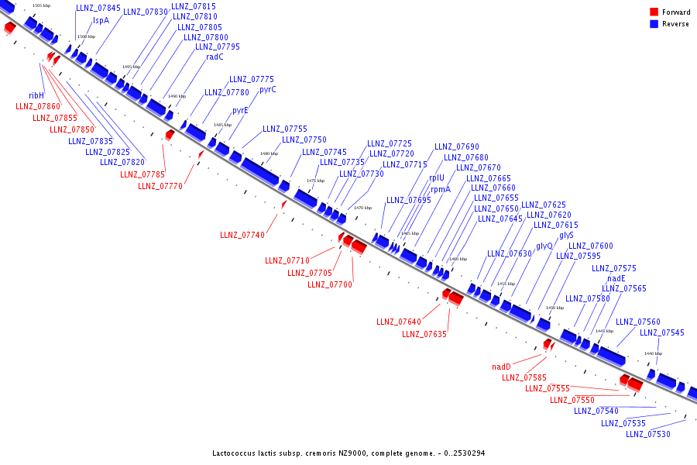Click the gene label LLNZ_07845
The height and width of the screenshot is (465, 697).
[x=98, y=8]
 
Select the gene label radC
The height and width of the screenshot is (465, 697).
[x=215, y=57]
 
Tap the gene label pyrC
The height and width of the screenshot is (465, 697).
[x=268, y=89]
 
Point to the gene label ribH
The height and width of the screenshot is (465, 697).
[x=36, y=95]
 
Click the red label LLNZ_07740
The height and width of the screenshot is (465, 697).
[x=242, y=235]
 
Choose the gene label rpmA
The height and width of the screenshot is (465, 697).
[x=441, y=188]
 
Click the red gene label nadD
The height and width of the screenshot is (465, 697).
[x=502, y=367]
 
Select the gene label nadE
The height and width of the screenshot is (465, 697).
[x=616, y=278]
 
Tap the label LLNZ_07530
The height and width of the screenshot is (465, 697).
[x=648, y=434]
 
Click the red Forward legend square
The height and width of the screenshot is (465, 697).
[x=654, y=12]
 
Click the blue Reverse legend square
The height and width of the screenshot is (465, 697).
[x=654, y=24]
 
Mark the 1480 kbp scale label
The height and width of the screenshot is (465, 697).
[x=269, y=153]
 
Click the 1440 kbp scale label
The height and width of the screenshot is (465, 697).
[x=653, y=353]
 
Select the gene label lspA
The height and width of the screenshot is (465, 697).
[x=101, y=21]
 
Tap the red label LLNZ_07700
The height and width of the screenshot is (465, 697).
[x=330, y=284]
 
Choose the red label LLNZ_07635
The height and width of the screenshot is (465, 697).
[x=424, y=334]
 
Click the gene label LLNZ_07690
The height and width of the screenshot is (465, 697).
[x=456, y=146]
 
